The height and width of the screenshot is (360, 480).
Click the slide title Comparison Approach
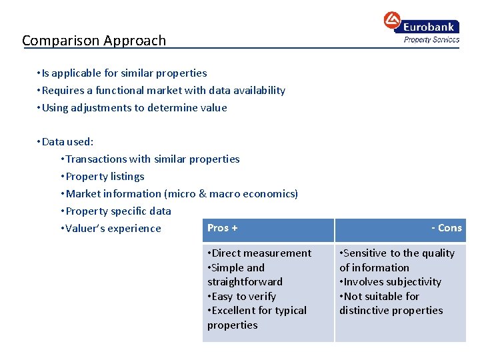[94, 41]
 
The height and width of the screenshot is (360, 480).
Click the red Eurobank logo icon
[392, 20]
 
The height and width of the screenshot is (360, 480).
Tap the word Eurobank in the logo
[428, 27]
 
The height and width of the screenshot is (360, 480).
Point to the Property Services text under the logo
[431, 40]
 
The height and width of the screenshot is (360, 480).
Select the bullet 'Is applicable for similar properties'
[123, 73]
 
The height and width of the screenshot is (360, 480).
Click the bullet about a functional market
[161, 91]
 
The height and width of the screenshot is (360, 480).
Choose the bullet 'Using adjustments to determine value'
[133, 108]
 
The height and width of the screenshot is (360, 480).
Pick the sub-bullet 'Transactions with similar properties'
[150, 159]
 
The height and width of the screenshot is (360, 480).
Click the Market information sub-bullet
[179, 194]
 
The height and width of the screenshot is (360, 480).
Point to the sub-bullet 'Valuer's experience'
[111, 229]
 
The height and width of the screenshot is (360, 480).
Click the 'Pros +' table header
[222, 228]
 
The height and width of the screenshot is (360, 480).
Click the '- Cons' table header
[446, 228]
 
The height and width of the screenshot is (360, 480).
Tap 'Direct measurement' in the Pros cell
[259, 253]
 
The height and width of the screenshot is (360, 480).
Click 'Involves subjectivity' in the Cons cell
[391, 282]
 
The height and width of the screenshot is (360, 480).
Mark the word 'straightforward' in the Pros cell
[245, 282]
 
